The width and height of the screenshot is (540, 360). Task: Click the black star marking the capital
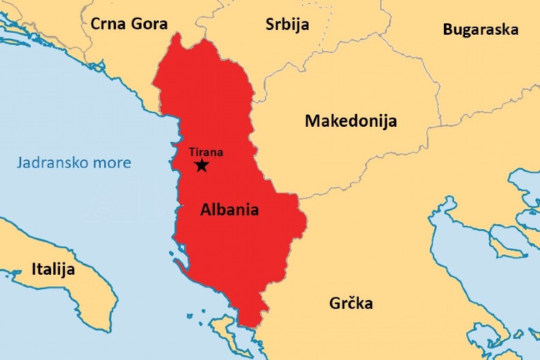click(x=201, y=165)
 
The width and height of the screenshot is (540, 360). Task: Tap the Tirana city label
click(x=206, y=153)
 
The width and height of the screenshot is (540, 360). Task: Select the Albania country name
click(x=229, y=209)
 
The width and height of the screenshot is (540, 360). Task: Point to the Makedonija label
click(x=350, y=121)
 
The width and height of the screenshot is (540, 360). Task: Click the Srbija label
click(x=287, y=25)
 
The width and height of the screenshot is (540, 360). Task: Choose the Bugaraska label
click(x=480, y=29)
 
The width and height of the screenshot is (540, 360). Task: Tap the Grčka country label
click(x=350, y=303)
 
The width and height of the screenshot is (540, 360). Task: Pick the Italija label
click(x=52, y=269)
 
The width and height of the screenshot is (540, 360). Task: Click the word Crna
click(x=107, y=24)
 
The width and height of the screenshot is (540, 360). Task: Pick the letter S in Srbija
click(x=270, y=25)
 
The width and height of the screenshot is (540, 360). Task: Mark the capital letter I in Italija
click(x=34, y=269)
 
